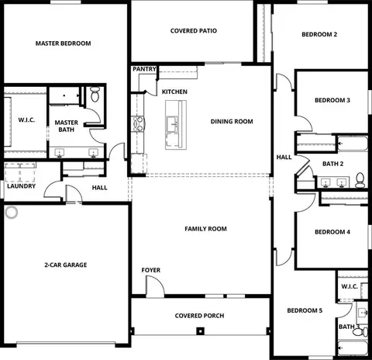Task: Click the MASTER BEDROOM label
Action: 63,43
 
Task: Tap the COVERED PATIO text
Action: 194,31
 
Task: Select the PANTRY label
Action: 144,69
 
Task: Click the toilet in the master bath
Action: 95,94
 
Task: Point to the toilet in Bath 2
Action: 360,180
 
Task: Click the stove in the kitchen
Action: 138,124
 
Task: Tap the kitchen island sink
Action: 172,124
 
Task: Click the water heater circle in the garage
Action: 12,213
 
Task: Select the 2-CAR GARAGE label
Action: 66,265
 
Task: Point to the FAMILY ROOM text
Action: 205,229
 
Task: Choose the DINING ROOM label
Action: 232,121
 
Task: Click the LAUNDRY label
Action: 21,186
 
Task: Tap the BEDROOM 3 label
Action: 332,100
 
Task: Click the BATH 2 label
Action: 332,164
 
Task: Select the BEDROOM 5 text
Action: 305,310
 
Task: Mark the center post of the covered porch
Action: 200,331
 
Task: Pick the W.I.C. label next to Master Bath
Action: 26,119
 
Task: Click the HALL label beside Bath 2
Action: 284,157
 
